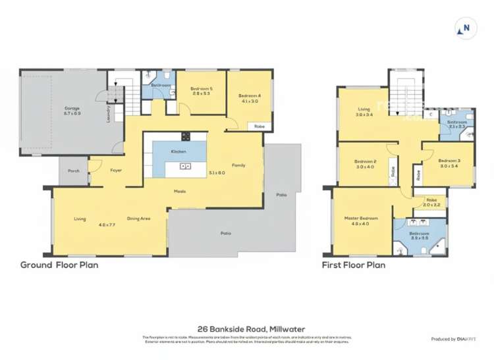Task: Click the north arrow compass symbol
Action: (466, 28)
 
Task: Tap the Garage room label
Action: (72, 108)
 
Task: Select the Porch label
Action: (74, 170)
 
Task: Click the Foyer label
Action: (116, 170)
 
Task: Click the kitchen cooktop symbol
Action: (186, 137)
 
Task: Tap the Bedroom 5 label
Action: (200, 88)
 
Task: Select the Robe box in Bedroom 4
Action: (260, 126)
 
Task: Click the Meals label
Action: (179, 192)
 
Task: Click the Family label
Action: (238, 165)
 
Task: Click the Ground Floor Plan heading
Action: (59, 265)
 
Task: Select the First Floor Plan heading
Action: (353, 265)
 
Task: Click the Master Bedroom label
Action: (360, 219)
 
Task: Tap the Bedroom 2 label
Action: (365, 161)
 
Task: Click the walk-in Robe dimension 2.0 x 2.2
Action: (431, 205)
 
